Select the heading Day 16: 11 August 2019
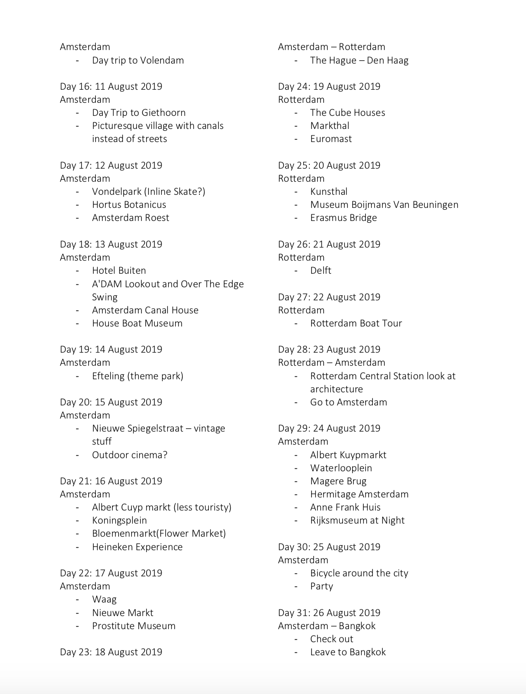coord(111,86)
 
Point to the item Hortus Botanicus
coord(129,205)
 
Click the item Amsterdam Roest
coord(130,218)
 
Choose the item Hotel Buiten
coord(119,270)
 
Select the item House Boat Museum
coord(137,323)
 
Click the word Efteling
coord(108,376)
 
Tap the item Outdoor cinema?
coord(129,455)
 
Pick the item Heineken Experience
coord(137,547)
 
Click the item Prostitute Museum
coord(134,626)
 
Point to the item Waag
coord(104,599)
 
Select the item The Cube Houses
coord(348,113)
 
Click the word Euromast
coord(331,139)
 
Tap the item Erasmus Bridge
coord(343,218)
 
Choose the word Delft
coord(320,270)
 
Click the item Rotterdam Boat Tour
coord(356,323)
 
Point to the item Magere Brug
coord(338,481)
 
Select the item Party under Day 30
coord(321,586)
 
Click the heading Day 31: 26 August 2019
coord(329,613)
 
